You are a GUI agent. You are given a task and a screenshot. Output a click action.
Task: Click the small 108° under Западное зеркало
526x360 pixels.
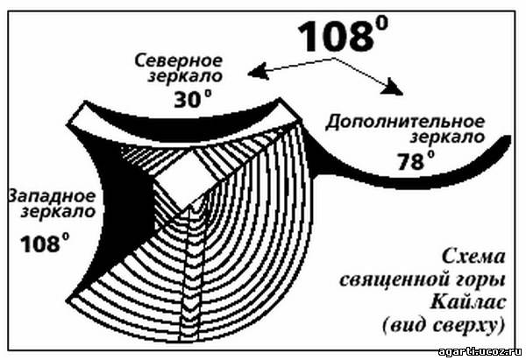click(40, 242)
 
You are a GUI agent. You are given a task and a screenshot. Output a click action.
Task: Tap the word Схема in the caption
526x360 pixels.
click(475, 258)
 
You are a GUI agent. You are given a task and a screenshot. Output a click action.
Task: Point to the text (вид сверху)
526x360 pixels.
click(451, 326)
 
